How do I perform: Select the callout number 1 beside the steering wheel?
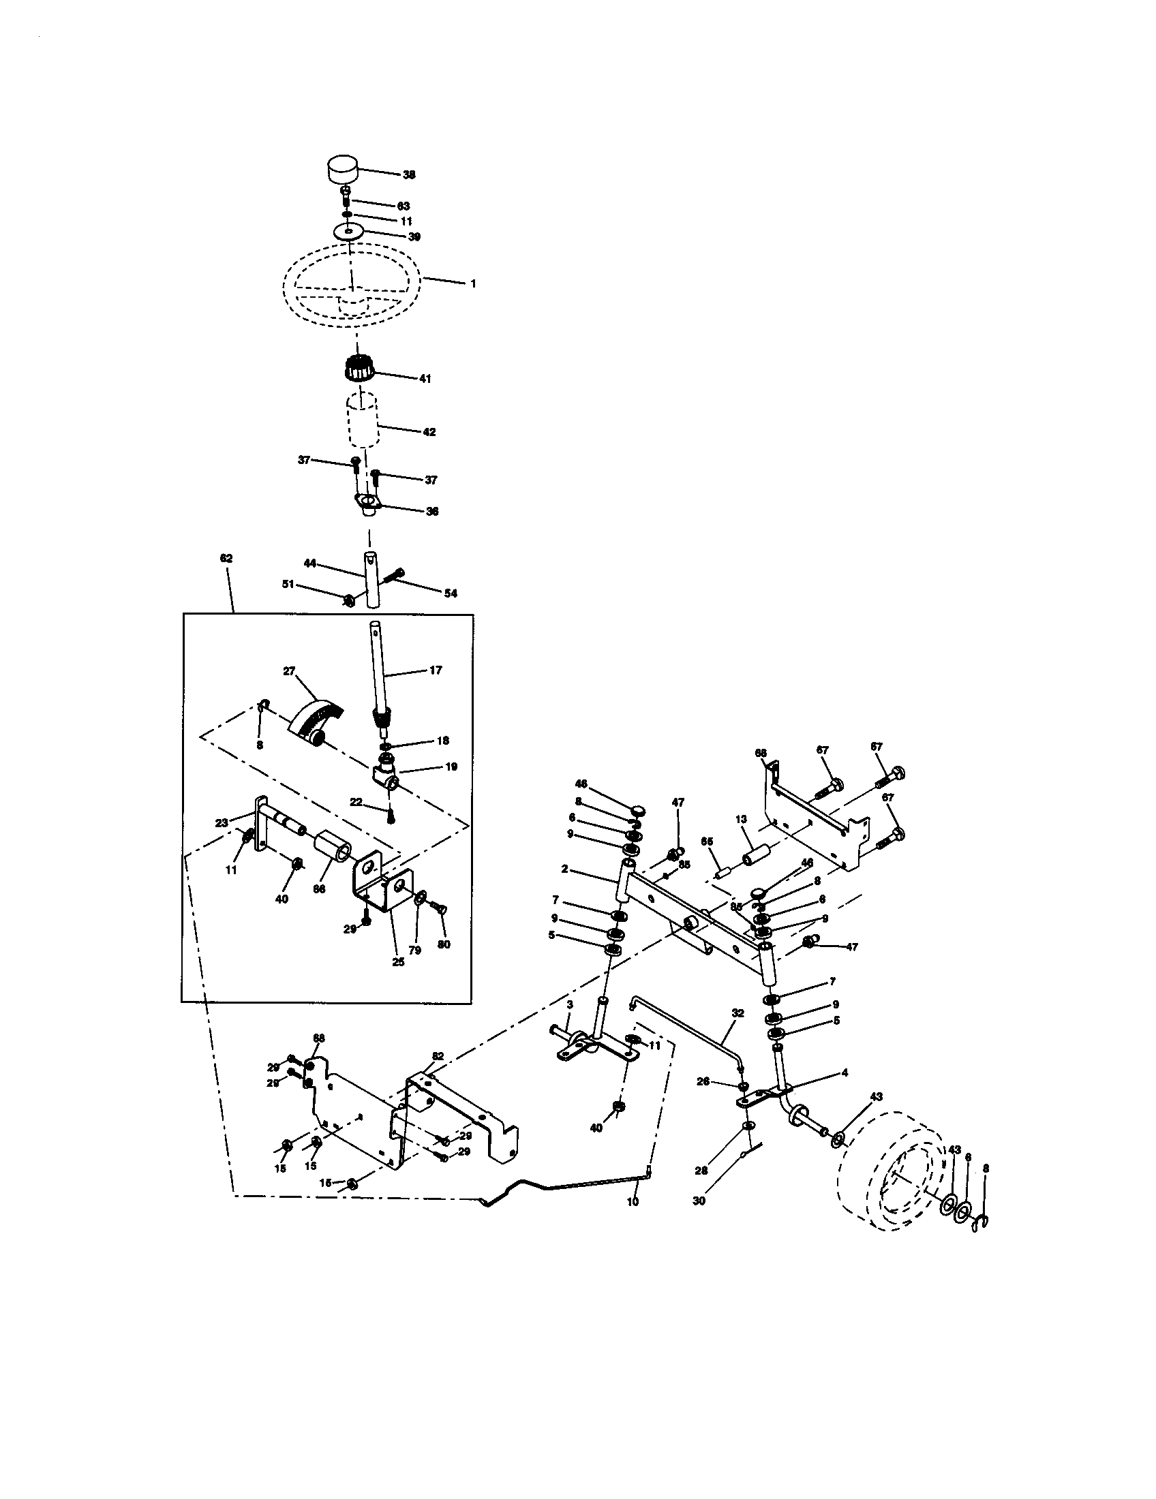(472, 283)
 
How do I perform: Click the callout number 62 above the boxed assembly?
(226, 558)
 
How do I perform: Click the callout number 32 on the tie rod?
(737, 1013)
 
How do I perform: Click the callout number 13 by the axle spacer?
(741, 819)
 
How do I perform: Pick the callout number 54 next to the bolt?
(451, 593)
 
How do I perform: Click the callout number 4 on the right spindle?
(845, 1072)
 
